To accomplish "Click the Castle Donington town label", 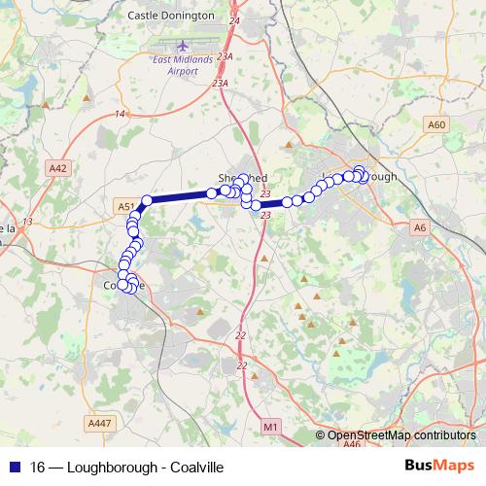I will [171, 17].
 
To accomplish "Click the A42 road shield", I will [58, 168].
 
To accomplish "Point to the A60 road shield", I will [436, 125].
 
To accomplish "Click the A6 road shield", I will [420, 227].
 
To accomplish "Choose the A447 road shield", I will [99, 422].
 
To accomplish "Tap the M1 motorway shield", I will [270, 427].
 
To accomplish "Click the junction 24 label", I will [233, 20].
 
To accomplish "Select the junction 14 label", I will [120, 115].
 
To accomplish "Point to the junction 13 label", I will [27, 222].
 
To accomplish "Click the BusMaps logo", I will [439, 466].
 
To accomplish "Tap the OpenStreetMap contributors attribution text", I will [400, 435].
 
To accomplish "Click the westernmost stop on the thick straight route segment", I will [147, 201].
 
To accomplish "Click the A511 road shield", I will [124, 206].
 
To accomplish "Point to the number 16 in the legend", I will [39, 467].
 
